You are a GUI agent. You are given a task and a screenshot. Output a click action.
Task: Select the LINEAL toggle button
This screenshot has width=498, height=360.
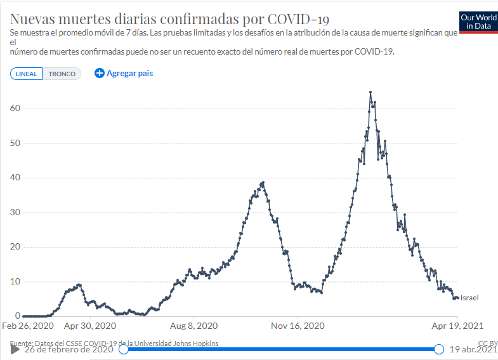point(27,74)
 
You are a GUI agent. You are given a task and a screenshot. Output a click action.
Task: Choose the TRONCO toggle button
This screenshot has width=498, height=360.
point(62,74)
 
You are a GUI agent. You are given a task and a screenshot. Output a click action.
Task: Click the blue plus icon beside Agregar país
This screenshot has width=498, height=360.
point(99,73)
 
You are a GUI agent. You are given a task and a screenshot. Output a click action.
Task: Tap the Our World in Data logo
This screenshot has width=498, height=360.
point(478,22)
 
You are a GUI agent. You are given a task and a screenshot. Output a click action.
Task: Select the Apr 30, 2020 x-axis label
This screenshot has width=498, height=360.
point(91,326)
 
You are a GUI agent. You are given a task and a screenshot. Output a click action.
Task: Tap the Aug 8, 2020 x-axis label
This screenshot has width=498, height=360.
point(194,326)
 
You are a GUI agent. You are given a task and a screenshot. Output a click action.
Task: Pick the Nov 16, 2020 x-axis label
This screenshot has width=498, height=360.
point(298,326)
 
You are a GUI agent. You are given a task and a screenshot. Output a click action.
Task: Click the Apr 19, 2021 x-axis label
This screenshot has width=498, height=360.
point(457,326)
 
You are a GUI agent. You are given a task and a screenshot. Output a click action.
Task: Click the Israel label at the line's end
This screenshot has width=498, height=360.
point(469,298)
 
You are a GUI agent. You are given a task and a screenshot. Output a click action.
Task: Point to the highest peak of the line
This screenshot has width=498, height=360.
point(370,93)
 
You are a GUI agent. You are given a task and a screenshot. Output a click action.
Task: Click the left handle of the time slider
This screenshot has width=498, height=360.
point(124,349)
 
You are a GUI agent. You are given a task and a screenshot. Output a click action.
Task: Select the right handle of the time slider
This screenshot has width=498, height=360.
point(438,349)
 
